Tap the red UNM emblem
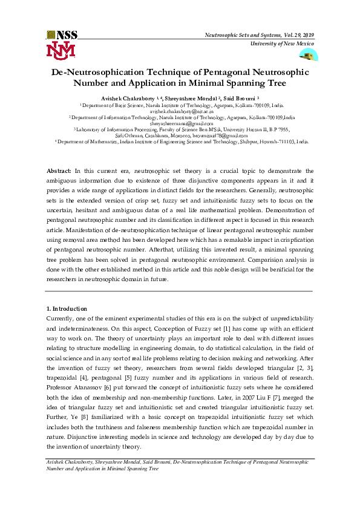61,50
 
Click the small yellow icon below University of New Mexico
309,56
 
